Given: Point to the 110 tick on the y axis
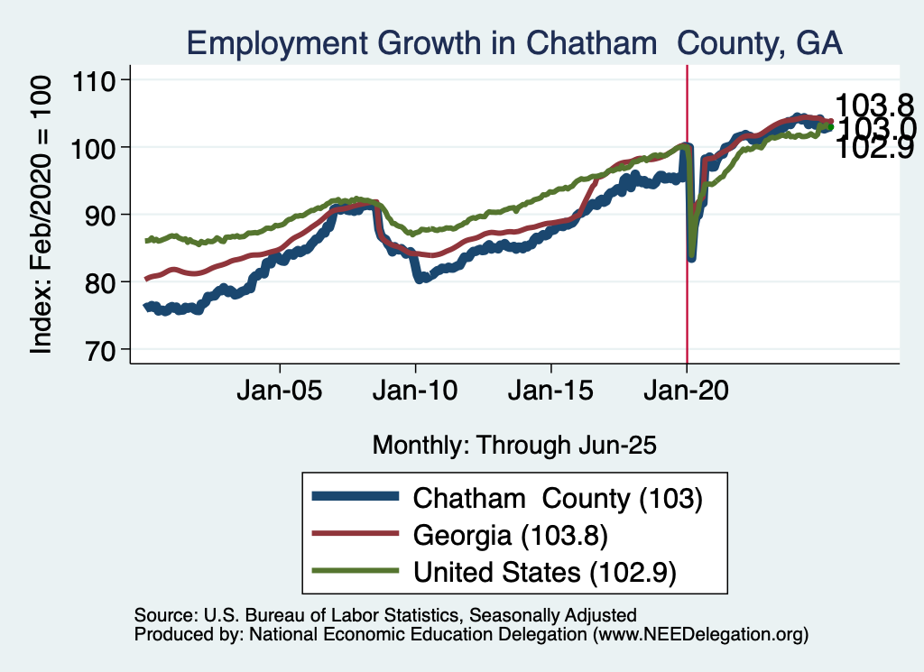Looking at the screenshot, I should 105,80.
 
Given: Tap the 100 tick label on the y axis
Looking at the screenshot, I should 105,147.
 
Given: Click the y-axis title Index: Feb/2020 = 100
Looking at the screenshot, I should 42,214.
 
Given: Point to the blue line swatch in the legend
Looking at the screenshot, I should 354,497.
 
